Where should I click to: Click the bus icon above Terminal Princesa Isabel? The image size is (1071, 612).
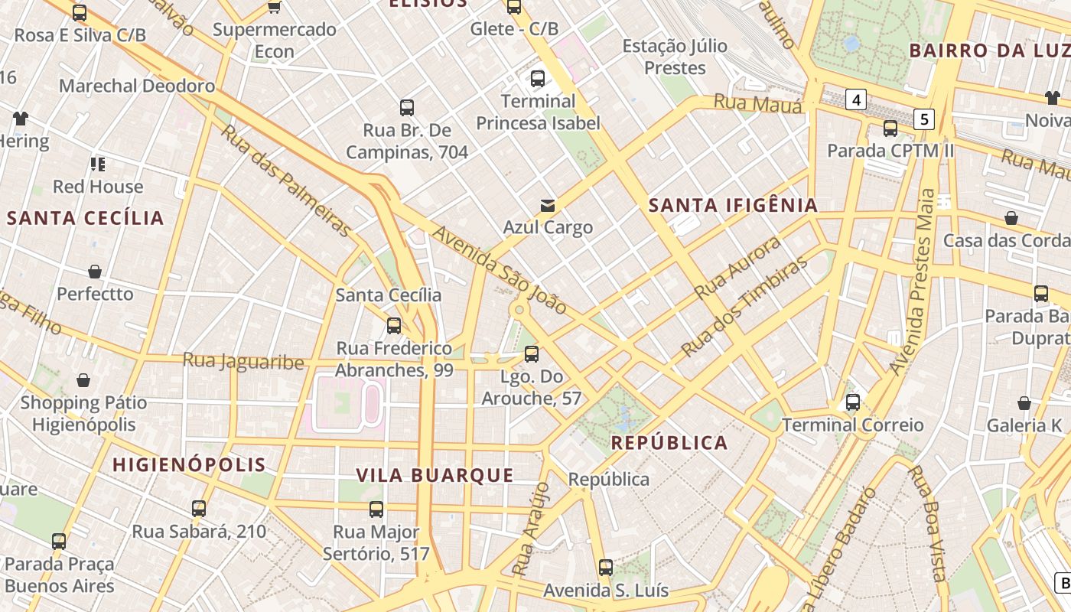click(538, 78)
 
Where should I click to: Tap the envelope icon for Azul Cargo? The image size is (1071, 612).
click(548, 205)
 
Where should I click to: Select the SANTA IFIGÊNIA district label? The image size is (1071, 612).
click(733, 205)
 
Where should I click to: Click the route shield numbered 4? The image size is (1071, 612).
click(856, 99)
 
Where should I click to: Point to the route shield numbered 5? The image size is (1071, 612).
click(924, 119)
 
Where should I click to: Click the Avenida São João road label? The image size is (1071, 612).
click(500, 269)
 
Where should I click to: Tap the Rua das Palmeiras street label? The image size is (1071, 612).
click(288, 181)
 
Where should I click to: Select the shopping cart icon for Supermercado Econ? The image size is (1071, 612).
click(274, 8)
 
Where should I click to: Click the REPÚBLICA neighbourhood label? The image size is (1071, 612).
click(669, 443)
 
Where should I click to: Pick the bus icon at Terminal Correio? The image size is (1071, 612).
click(853, 402)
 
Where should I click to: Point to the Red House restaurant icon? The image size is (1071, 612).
click(97, 164)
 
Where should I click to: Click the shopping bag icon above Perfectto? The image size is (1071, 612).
click(95, 272)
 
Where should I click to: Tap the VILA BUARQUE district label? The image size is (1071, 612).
click(435, 475)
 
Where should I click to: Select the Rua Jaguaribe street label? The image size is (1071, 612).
click(243, 360)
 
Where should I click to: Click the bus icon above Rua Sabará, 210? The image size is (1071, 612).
click(199, 508)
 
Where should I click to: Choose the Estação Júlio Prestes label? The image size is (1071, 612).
click(675, 57)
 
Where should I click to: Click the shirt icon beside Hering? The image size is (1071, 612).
click(20, 119)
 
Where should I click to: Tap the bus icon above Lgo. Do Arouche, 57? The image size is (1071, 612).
click(532, 354)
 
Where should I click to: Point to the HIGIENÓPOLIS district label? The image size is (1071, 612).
click(189, 464)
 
